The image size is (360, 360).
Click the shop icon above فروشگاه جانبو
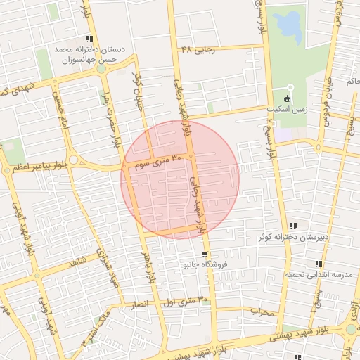pyautogui.click(x=204, y=254)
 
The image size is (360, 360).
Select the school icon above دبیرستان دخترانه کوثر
pyautogui.click(x=293, y=226)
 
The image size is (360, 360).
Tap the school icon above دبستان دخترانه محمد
pyautogui.click(x=89, y=39)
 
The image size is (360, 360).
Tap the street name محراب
pyautogui.click(x=261, y=310)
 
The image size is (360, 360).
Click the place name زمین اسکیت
pyautogui.click(x=287, y=110)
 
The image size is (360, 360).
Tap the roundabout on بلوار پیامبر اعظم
pyautogui.click(x=74, y=162)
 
